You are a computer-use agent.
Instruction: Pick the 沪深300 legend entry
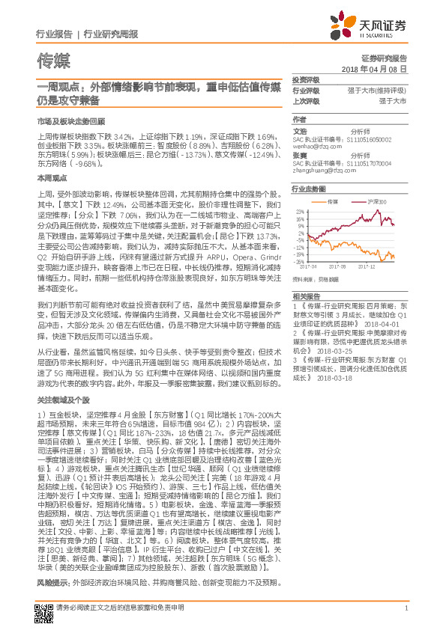click(378, 203)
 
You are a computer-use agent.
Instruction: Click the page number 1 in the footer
click(405, 608)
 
